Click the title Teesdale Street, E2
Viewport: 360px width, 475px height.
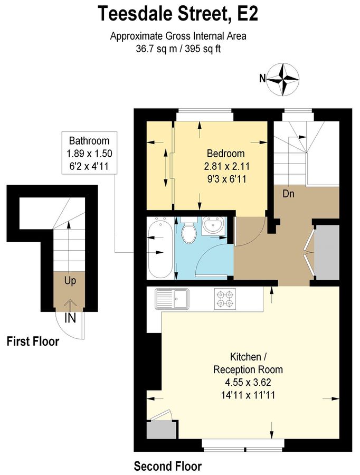(x=178, y=14)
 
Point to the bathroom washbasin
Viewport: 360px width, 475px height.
(x=214, y=227)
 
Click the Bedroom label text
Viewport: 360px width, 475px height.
(x=225, y=154)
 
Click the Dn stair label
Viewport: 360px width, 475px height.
(x=288, y=194)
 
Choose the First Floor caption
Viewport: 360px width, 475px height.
(x=33, y=342)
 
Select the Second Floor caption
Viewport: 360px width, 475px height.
(x=167, y=467)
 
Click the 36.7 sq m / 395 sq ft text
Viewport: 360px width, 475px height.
(x=178, y=49)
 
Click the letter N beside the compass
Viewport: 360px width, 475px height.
(x=262, y=79)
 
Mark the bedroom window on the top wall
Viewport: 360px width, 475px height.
(x=204, y=112)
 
